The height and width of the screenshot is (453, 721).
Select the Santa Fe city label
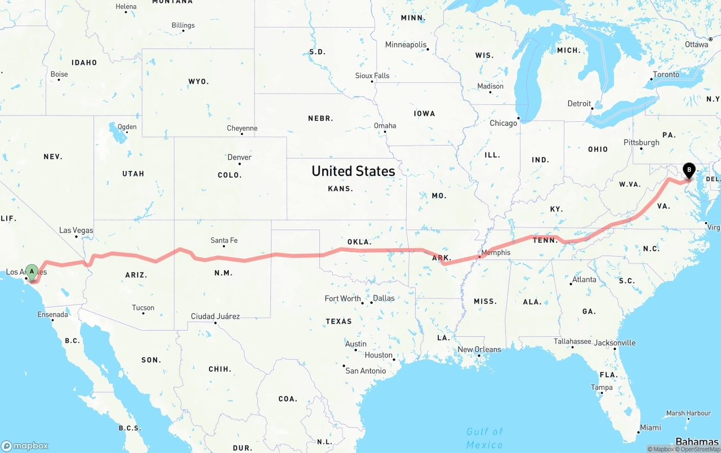[224, 240]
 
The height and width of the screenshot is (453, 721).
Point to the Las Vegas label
[76, 230]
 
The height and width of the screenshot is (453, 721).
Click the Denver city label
[239, 157]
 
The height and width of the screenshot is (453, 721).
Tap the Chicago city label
[503, 123]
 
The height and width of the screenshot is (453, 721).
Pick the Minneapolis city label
[406, 45]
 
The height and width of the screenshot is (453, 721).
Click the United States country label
[353, 171]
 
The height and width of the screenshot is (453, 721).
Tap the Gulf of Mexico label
[484, 438]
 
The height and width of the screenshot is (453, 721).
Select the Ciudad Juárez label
[215, 316]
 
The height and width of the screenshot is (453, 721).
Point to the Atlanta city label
[584, 279]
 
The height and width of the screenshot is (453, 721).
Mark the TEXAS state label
[339, 322]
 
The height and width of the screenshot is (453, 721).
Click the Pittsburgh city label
[641, 142]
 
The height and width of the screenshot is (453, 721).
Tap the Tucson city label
[143, 307]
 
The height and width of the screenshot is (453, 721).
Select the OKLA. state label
[359, 242]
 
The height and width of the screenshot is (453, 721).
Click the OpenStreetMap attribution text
[698, 449]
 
